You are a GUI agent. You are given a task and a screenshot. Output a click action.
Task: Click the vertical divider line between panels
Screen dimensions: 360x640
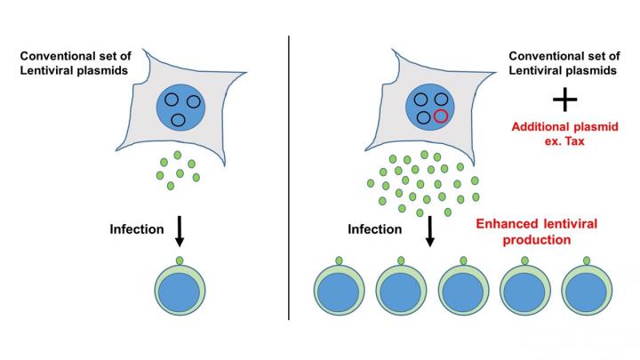(x=290, y=178)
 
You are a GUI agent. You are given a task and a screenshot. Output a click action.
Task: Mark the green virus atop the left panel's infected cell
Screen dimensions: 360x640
(x=180, y=260)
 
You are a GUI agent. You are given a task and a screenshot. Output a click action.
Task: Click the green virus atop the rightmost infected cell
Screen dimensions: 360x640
(x=588, y=260)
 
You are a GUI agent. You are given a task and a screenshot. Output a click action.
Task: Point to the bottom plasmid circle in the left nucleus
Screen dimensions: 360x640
(x=178, y=120)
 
